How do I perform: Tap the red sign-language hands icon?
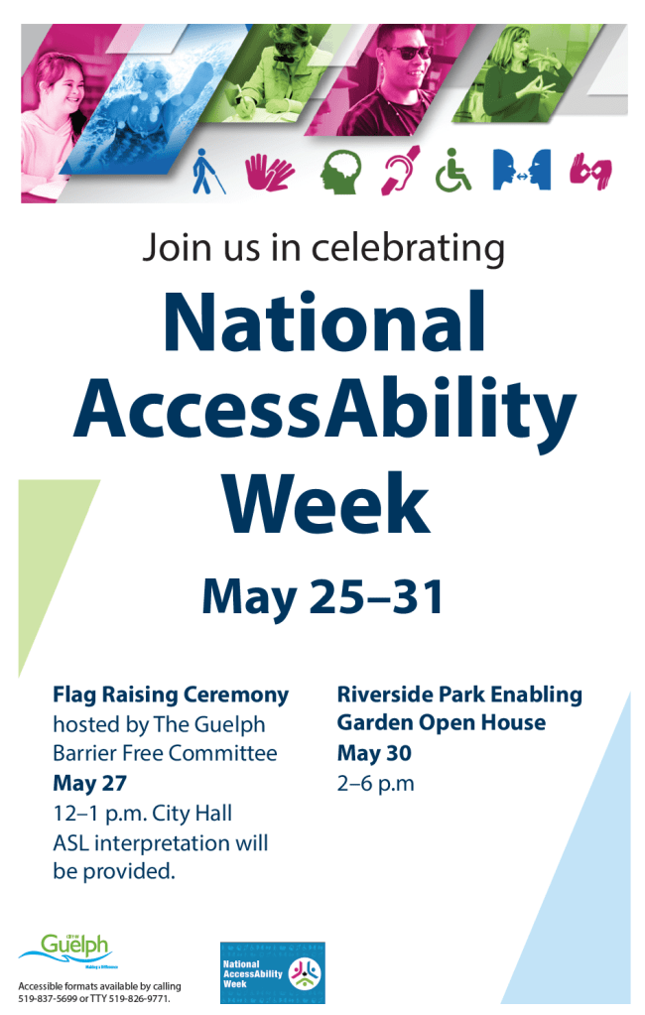click(x=270, y=172)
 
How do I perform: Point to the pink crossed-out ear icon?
click(x=399, y=172)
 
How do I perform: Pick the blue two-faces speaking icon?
click(x=521, y=171)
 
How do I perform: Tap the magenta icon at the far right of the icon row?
click(x=590, y=172)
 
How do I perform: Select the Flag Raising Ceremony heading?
click(x=171, y=695)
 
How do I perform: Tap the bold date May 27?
click(x=89, y=784)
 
